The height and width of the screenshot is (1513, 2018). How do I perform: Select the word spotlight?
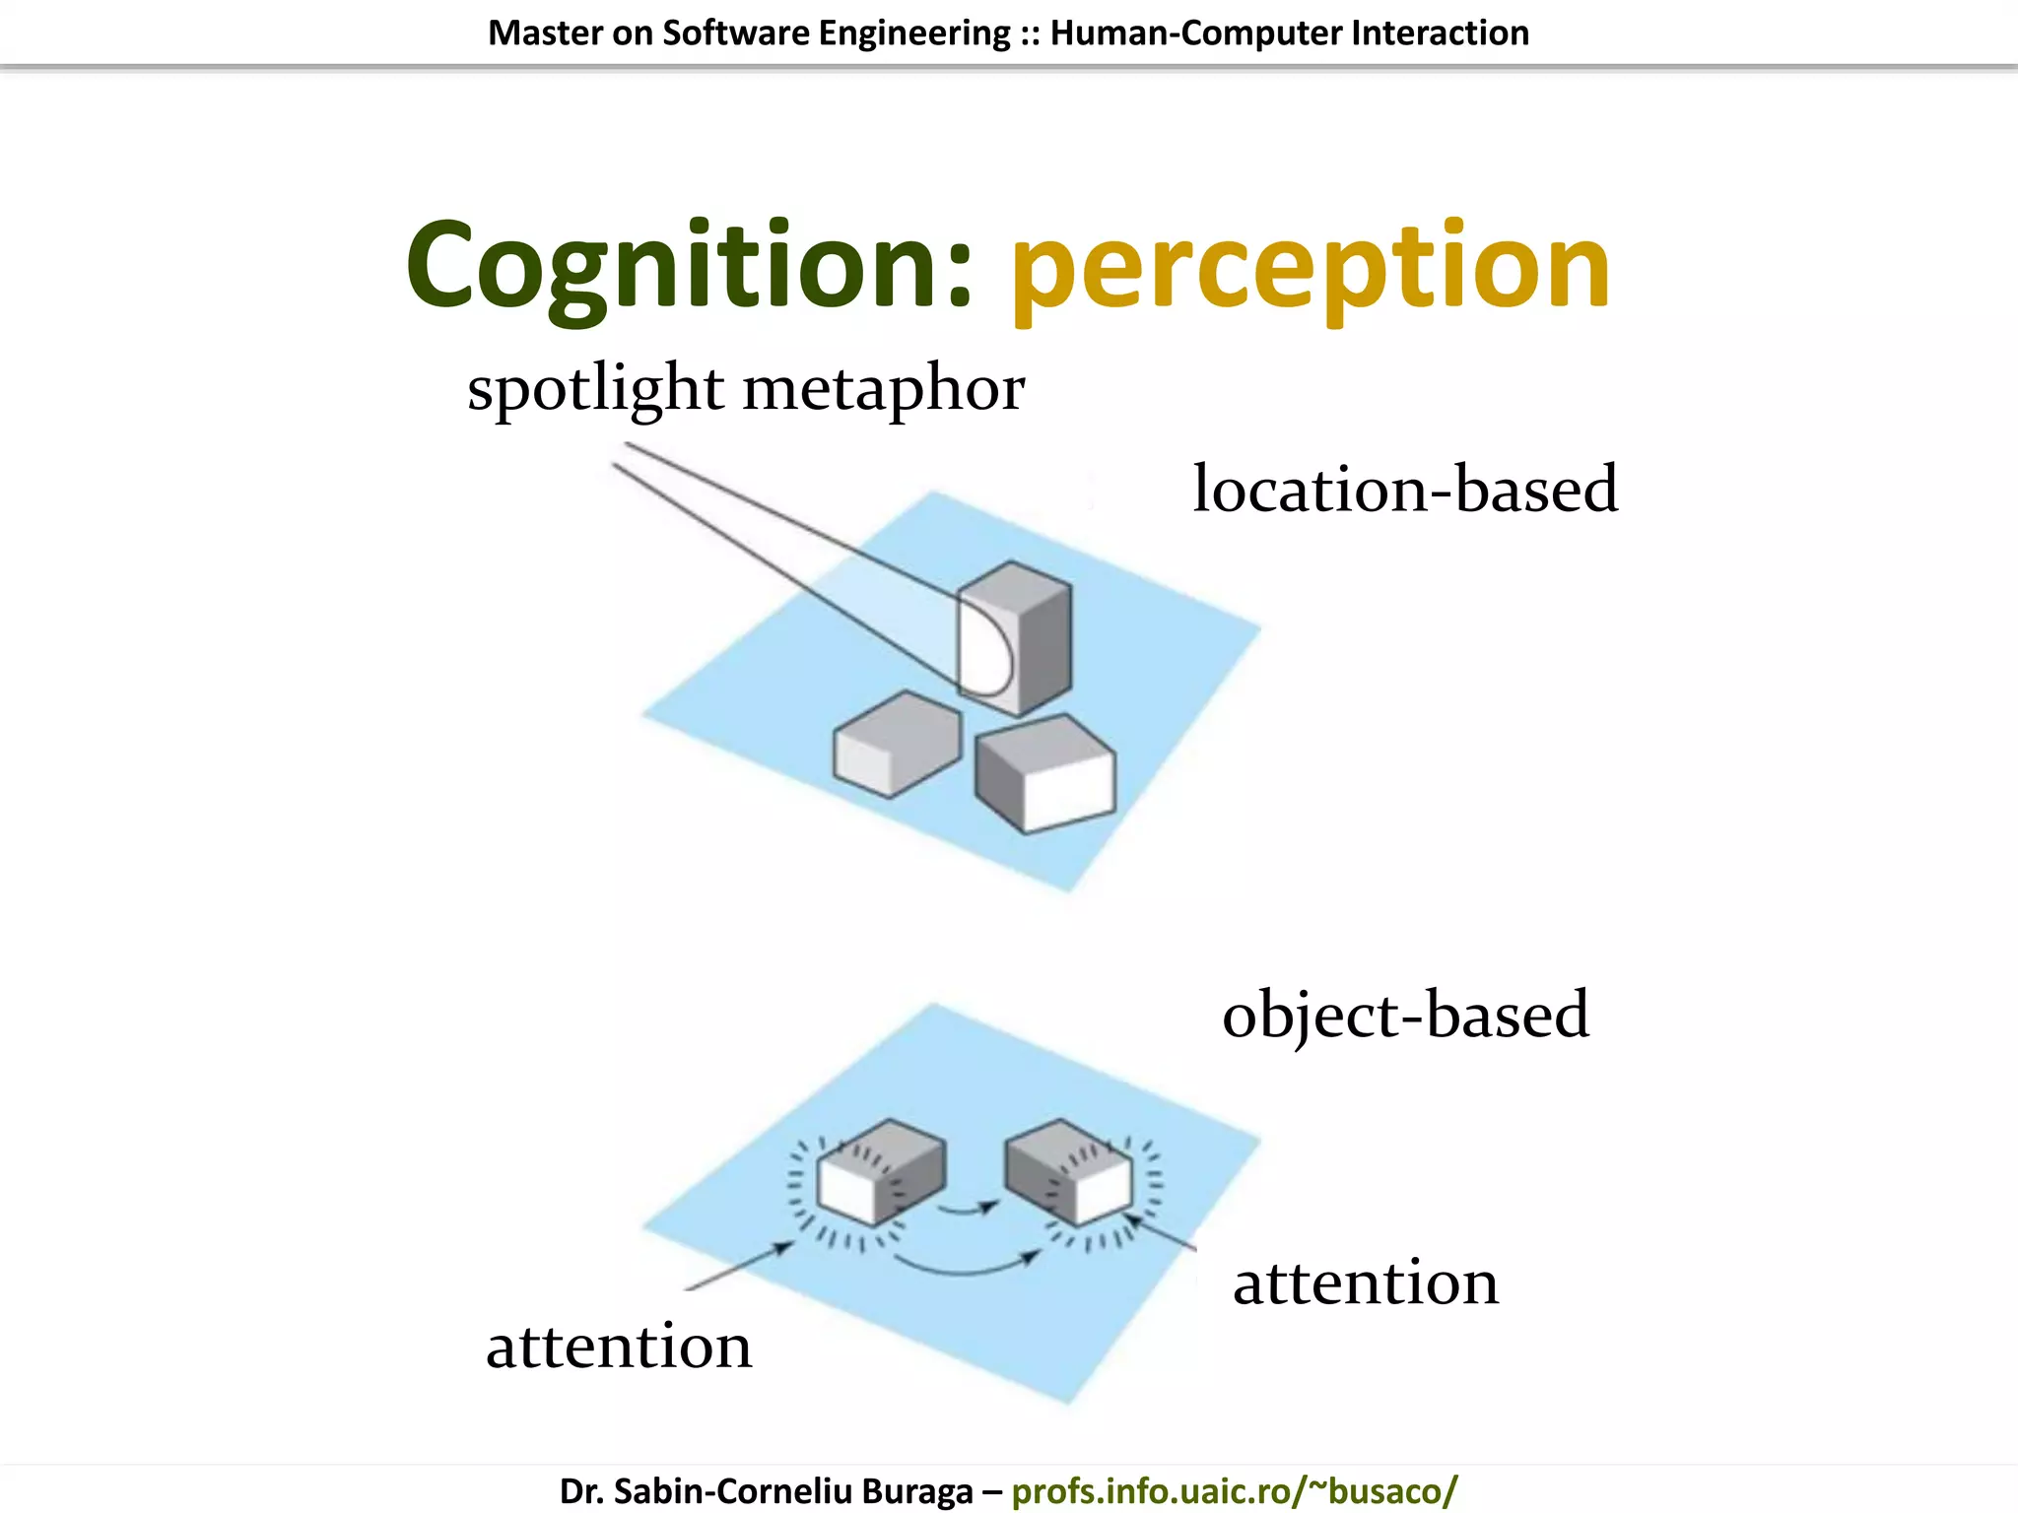[595, 388]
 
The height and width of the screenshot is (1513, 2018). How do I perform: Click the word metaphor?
[884, 390]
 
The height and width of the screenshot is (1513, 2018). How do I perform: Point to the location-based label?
[1405, 489]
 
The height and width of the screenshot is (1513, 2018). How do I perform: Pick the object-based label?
[1405, 1015]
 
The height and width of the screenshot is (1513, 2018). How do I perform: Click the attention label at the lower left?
[619, 1346]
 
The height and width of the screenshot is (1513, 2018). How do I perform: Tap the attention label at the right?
[1366, 1283]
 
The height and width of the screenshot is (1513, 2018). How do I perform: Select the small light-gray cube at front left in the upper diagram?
[896, 744]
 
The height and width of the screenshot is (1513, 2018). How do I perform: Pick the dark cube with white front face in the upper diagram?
[1046, 774]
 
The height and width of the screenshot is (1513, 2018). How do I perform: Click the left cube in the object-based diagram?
[880, 1172]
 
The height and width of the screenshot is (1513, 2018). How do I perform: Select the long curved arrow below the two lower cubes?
[966, 1268]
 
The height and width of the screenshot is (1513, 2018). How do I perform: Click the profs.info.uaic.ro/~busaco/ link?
[1234, 1490]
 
